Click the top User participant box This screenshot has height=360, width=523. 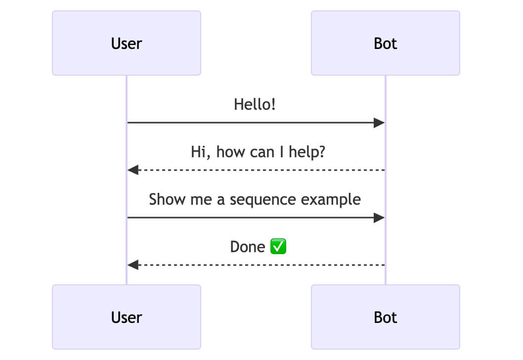pos(127,44)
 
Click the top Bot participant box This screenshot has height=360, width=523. pos(385,44)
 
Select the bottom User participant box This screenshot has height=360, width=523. pos(127,317)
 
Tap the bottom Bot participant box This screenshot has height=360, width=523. pos(385,317)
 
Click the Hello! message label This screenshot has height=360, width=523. pos(255,104)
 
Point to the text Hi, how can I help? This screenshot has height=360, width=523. pos(258,152)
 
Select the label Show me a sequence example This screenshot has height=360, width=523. pos(255,199)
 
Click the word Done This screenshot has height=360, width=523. pos(248,247)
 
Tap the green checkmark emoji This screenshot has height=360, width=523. pos(278,246)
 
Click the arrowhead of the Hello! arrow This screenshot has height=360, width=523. pos(379,123)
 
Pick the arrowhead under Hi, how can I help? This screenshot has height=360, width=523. pos(133,170)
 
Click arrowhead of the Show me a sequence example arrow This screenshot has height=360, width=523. pos(379,218)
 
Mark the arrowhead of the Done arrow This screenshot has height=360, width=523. pos(133,265)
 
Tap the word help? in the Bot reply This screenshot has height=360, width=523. pos(309,152)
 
